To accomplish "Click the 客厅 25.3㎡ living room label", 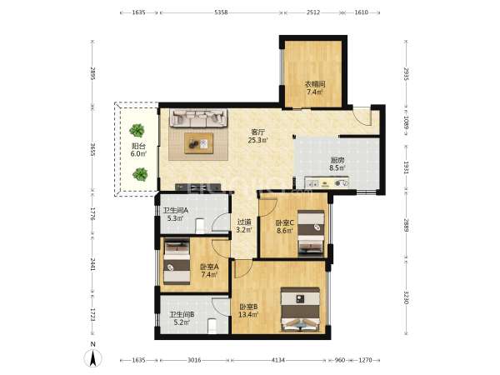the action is point(258,136).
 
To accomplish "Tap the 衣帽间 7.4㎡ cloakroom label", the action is point(315,88).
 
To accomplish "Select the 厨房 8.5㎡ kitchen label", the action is point(337,164).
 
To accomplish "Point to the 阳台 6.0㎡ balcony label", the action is point(138,150).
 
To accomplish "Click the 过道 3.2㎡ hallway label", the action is point(244,226).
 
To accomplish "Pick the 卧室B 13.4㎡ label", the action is point(248,311).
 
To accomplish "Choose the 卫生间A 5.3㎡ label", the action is point(175,214).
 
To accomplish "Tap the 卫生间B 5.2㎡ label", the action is point(182,318).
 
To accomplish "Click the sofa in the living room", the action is point(198,118).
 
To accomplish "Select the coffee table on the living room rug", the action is point(198,143).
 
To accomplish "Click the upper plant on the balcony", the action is point(137,131).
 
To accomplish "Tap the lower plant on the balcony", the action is point(140,174).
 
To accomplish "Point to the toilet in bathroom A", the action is point(200,225).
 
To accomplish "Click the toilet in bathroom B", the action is point(212,326).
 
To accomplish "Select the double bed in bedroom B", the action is point(300,310).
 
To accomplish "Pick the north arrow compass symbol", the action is point(92,357).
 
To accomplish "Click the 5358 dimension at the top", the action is point(221,12).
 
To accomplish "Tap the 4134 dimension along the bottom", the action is point(277,360).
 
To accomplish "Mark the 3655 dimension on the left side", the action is point(92,149).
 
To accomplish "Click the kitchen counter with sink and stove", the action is point(326,183).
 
